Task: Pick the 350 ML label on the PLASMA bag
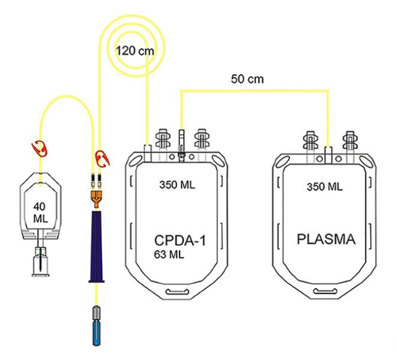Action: click(x=325, y=187)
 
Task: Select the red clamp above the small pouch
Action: click(x=41, y=147)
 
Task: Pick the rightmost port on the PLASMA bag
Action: click(x=349, y=142)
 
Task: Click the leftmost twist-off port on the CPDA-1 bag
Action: click(x=163, y=142)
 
